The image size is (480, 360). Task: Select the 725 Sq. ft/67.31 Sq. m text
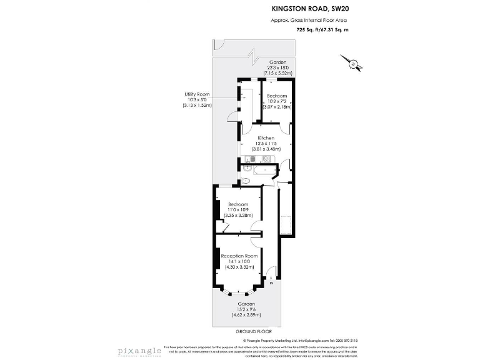pyautogui.click(x=322, y=30)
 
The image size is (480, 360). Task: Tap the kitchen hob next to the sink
pyautogui.click(x=267, y=159)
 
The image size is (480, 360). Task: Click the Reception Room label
pyautogui.click(x=239, y=256)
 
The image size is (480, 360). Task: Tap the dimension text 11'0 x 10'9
pyautogui.click(x=238, y=210)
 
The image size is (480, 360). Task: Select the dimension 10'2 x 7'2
pyautogui.click(x=277, y=101)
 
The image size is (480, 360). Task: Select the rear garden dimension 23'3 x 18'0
pyautogui.click(x=277, y=68)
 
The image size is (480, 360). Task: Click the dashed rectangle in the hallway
pyautogui.click(x=285, y=224)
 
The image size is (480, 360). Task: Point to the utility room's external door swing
pyautogui.click(x=232, y=116)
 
